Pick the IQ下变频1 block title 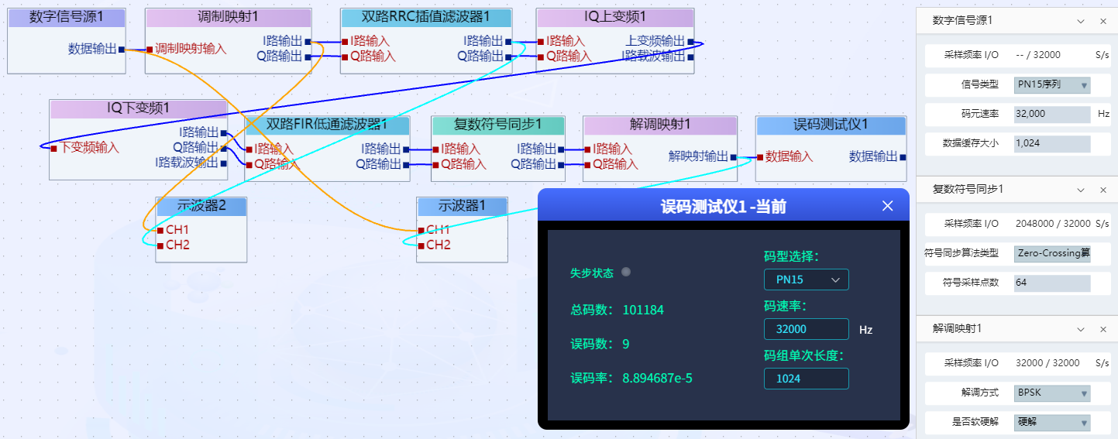pos(138,108)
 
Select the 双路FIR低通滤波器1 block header pos(326,125)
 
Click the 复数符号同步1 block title pos(497,125)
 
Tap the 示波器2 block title pos(201,206)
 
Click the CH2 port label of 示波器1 pos(438,245)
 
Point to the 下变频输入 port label pos(90,147)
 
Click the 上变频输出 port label pos(655,41)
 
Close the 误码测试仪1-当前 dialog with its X pos(888,206)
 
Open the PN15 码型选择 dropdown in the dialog pos(806,280)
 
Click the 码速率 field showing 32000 pos(806,329)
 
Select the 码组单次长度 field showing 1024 pos(806,379)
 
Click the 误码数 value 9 pos(625,344)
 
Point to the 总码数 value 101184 pos(643,310)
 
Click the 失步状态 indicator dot pos(627,272)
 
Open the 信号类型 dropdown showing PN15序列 pos(1051,85)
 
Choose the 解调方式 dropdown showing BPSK pos(1051,393)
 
